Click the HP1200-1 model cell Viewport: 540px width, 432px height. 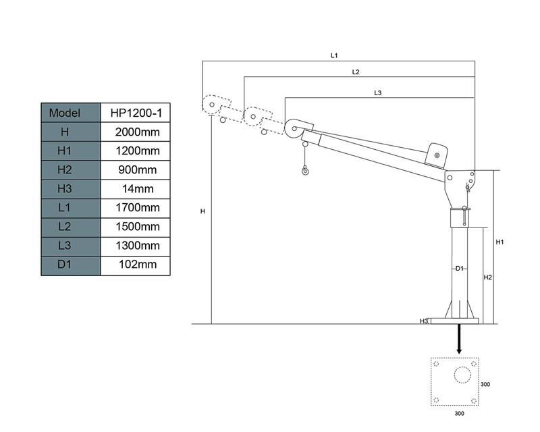136,113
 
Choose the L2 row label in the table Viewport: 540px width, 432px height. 64,226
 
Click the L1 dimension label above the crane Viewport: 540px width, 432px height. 334,55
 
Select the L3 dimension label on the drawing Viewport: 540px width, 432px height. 378,92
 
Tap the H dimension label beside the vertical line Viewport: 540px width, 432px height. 202,211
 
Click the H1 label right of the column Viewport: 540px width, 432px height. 500,242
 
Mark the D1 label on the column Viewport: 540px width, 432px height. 460,269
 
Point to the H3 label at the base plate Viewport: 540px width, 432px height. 424,321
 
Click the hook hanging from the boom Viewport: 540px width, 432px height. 305,170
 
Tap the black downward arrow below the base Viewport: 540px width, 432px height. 459,339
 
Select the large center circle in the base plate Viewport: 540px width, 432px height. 462,375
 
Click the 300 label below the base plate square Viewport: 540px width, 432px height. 460,413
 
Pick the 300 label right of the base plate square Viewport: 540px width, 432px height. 485,384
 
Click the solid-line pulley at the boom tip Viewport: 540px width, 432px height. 294,129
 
